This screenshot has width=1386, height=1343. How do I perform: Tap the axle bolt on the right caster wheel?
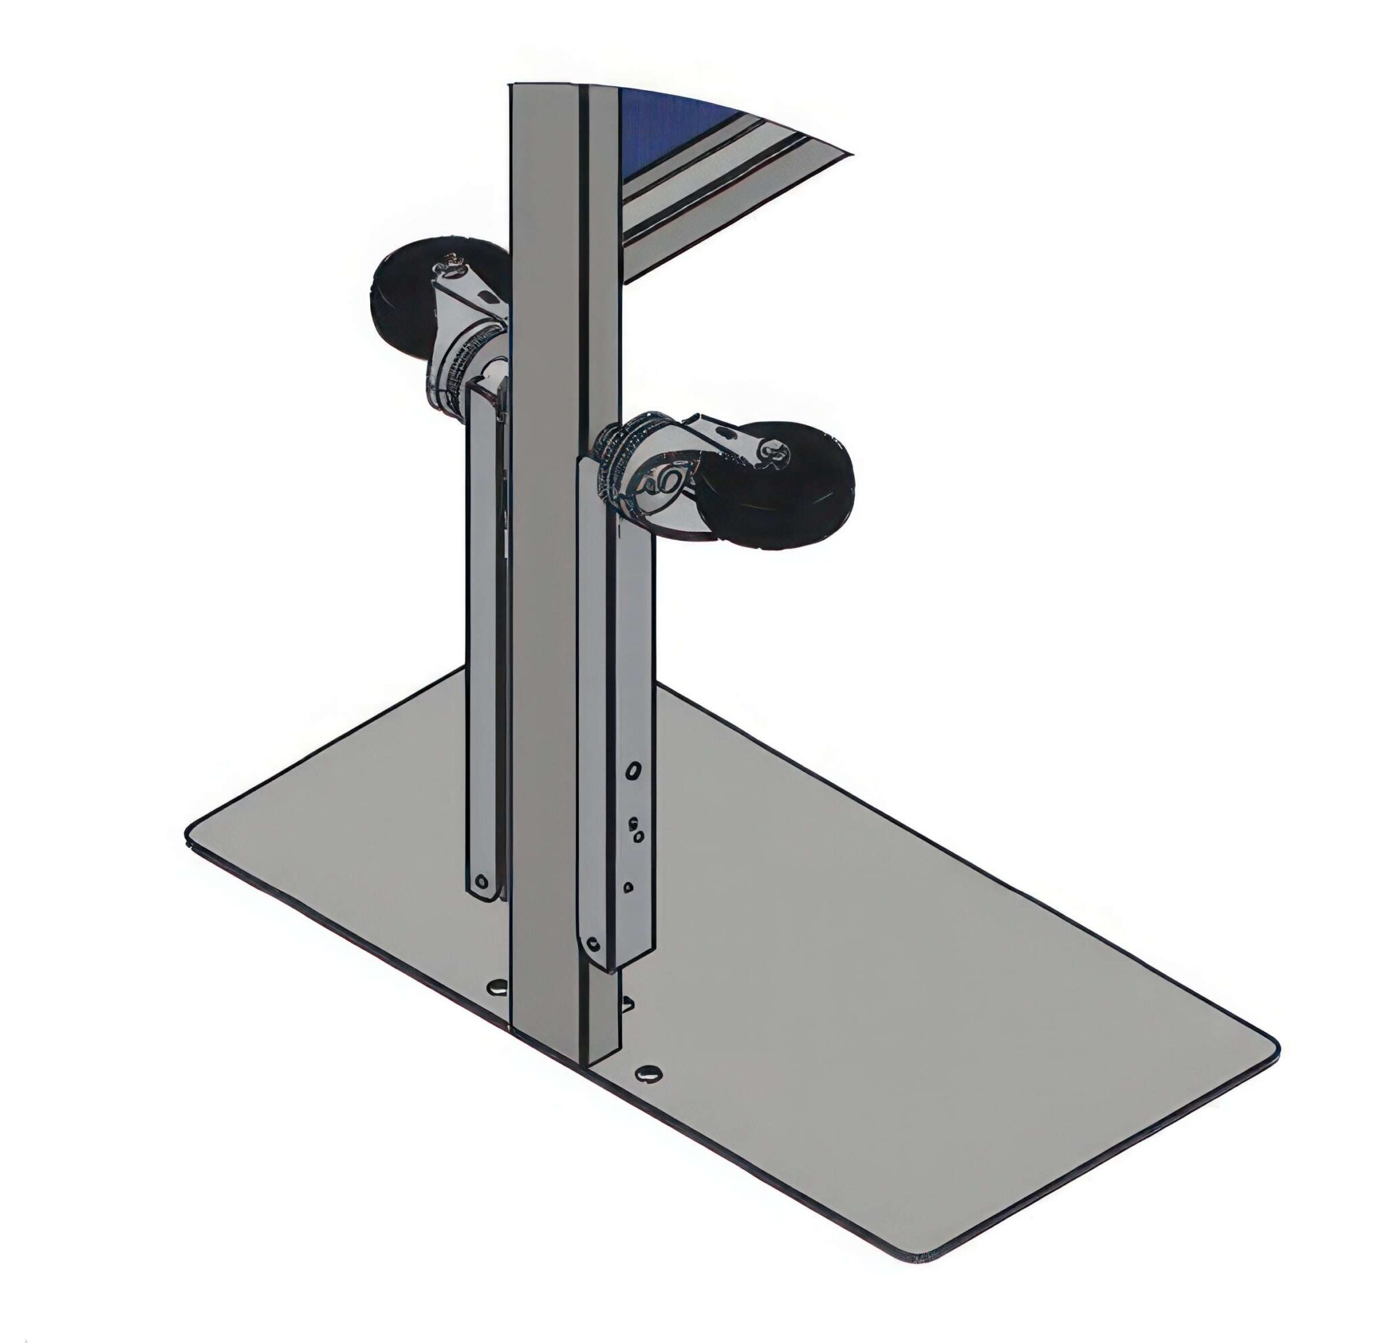click(777, 453)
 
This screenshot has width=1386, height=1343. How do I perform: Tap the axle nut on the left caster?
click(449, 263)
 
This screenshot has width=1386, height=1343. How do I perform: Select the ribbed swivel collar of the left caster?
click(460, 368)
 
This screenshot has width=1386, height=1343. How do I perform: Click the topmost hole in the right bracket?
click(634, 769)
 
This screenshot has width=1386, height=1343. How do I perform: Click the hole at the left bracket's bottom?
click(482, 882)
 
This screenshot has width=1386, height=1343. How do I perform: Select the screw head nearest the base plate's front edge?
click(648, 1073)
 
